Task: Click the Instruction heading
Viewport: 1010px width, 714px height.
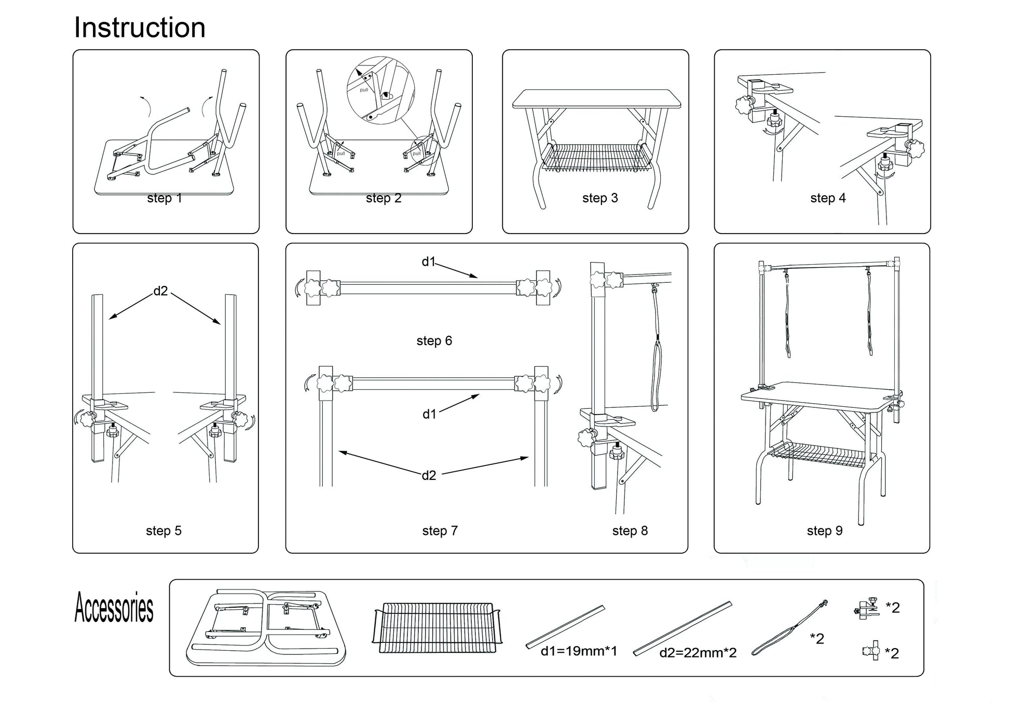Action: pos(140,28)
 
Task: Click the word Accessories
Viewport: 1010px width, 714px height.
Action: pos(114,608)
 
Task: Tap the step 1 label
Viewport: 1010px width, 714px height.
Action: pos(165,198)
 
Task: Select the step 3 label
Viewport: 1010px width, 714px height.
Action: pos(600,198)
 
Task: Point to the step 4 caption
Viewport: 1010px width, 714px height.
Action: pos(828,198)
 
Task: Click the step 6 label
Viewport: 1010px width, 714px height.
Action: pos(434,341)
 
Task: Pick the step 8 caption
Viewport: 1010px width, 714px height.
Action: pos(630,531)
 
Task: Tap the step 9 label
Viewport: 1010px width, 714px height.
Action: pos(824,531)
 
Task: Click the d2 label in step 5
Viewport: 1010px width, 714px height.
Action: pos(160,291)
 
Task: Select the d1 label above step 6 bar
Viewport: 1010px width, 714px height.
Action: pos(428,262)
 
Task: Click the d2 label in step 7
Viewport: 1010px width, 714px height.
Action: pos(429,475)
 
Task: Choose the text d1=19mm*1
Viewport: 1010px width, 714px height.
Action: pos(579,651)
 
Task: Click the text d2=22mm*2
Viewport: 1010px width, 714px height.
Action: pos(698,653)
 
